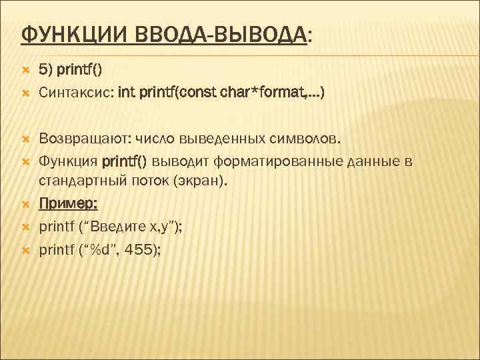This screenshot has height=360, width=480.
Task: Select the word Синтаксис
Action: point(75,93)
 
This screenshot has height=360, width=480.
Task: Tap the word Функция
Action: point(68,161)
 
